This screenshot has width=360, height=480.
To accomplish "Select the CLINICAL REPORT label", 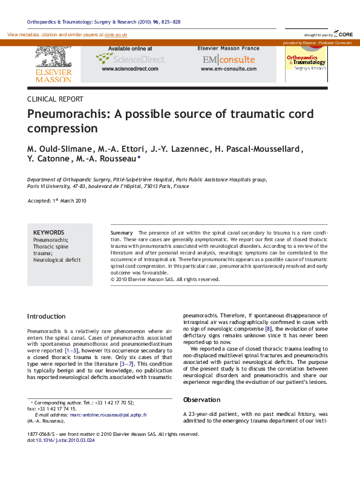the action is [x=56, y=99].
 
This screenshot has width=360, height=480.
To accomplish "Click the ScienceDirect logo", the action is [x=130, y=59].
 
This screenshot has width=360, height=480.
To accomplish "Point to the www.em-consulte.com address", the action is [x=228, y=69].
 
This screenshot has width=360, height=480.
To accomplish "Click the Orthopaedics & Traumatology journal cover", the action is [x=306, y=62].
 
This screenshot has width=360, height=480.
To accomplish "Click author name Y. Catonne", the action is [x=48, y=159].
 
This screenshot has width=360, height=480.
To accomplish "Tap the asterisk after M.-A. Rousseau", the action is [x=139, y=158].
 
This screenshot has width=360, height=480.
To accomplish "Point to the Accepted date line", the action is [x=57, y=201].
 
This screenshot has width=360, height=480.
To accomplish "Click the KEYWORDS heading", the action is [x=48, y=232].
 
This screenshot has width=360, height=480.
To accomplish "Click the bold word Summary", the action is [x=122, y=233].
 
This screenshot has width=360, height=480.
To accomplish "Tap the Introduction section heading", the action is [x=47, y=316].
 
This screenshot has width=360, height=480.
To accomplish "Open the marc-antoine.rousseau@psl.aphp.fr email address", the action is [x=108, y=415].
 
